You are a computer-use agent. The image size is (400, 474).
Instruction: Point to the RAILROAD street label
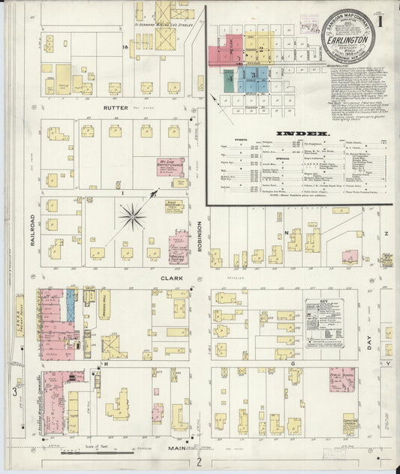(33, 229)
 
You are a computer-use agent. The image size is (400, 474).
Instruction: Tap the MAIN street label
(178, 448)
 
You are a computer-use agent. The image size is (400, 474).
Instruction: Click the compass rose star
(133, 217)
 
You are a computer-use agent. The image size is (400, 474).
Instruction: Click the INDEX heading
(293, 134)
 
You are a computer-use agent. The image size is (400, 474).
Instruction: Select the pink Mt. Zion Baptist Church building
(170, 166)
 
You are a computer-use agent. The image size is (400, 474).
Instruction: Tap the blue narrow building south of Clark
(71, 306)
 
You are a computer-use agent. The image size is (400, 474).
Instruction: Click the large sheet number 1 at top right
(382, 22)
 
